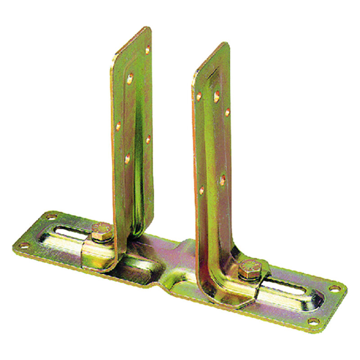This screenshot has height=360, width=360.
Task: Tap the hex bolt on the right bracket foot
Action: coord(249,269)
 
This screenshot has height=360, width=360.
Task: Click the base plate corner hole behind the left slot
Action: coord(51,216)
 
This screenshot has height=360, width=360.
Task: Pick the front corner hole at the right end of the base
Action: coord(314,321)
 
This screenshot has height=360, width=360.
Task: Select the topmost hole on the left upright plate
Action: coord(147,50)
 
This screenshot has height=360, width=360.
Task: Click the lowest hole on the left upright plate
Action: coord(127,158)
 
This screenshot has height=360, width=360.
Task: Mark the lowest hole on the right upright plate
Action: coord(202,190)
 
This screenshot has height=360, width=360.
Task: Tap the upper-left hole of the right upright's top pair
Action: coord(199,96)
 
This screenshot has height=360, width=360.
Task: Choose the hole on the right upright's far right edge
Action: coord(227,112)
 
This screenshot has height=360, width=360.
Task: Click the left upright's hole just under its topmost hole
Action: coord(130,79)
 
